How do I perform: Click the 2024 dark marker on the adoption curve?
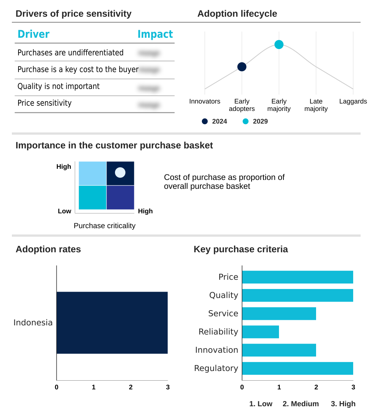[x=242, y=67]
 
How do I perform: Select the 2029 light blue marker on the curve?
[x=279, y=45]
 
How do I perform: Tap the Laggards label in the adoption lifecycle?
[x=353, y=101]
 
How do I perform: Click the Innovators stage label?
[x=205, y=101]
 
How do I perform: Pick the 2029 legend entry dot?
[x=246, y=121]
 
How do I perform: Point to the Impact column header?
[x=155, y=34]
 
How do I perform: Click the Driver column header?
[x=33, y=34]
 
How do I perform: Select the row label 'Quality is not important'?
[x=59, y=86]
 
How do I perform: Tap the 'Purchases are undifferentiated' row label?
[x=70, y=53]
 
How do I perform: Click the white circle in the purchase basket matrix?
[x=120, y=173]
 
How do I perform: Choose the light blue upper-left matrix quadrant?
[x=92, y=173]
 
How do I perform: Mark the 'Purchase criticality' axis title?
[x=105, y=226]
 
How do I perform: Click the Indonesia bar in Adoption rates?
[x=112, y=323]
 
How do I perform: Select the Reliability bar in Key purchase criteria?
[x=260, y=332]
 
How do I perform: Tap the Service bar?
[x=279, y=313]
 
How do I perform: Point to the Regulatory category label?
[x=216, y=368]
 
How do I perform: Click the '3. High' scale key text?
[x=343, y=404]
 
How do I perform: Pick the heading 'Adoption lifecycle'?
[x=237, y=14]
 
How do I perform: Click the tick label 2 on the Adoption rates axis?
[x=131, y=387]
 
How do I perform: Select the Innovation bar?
[x=279, y=350]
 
